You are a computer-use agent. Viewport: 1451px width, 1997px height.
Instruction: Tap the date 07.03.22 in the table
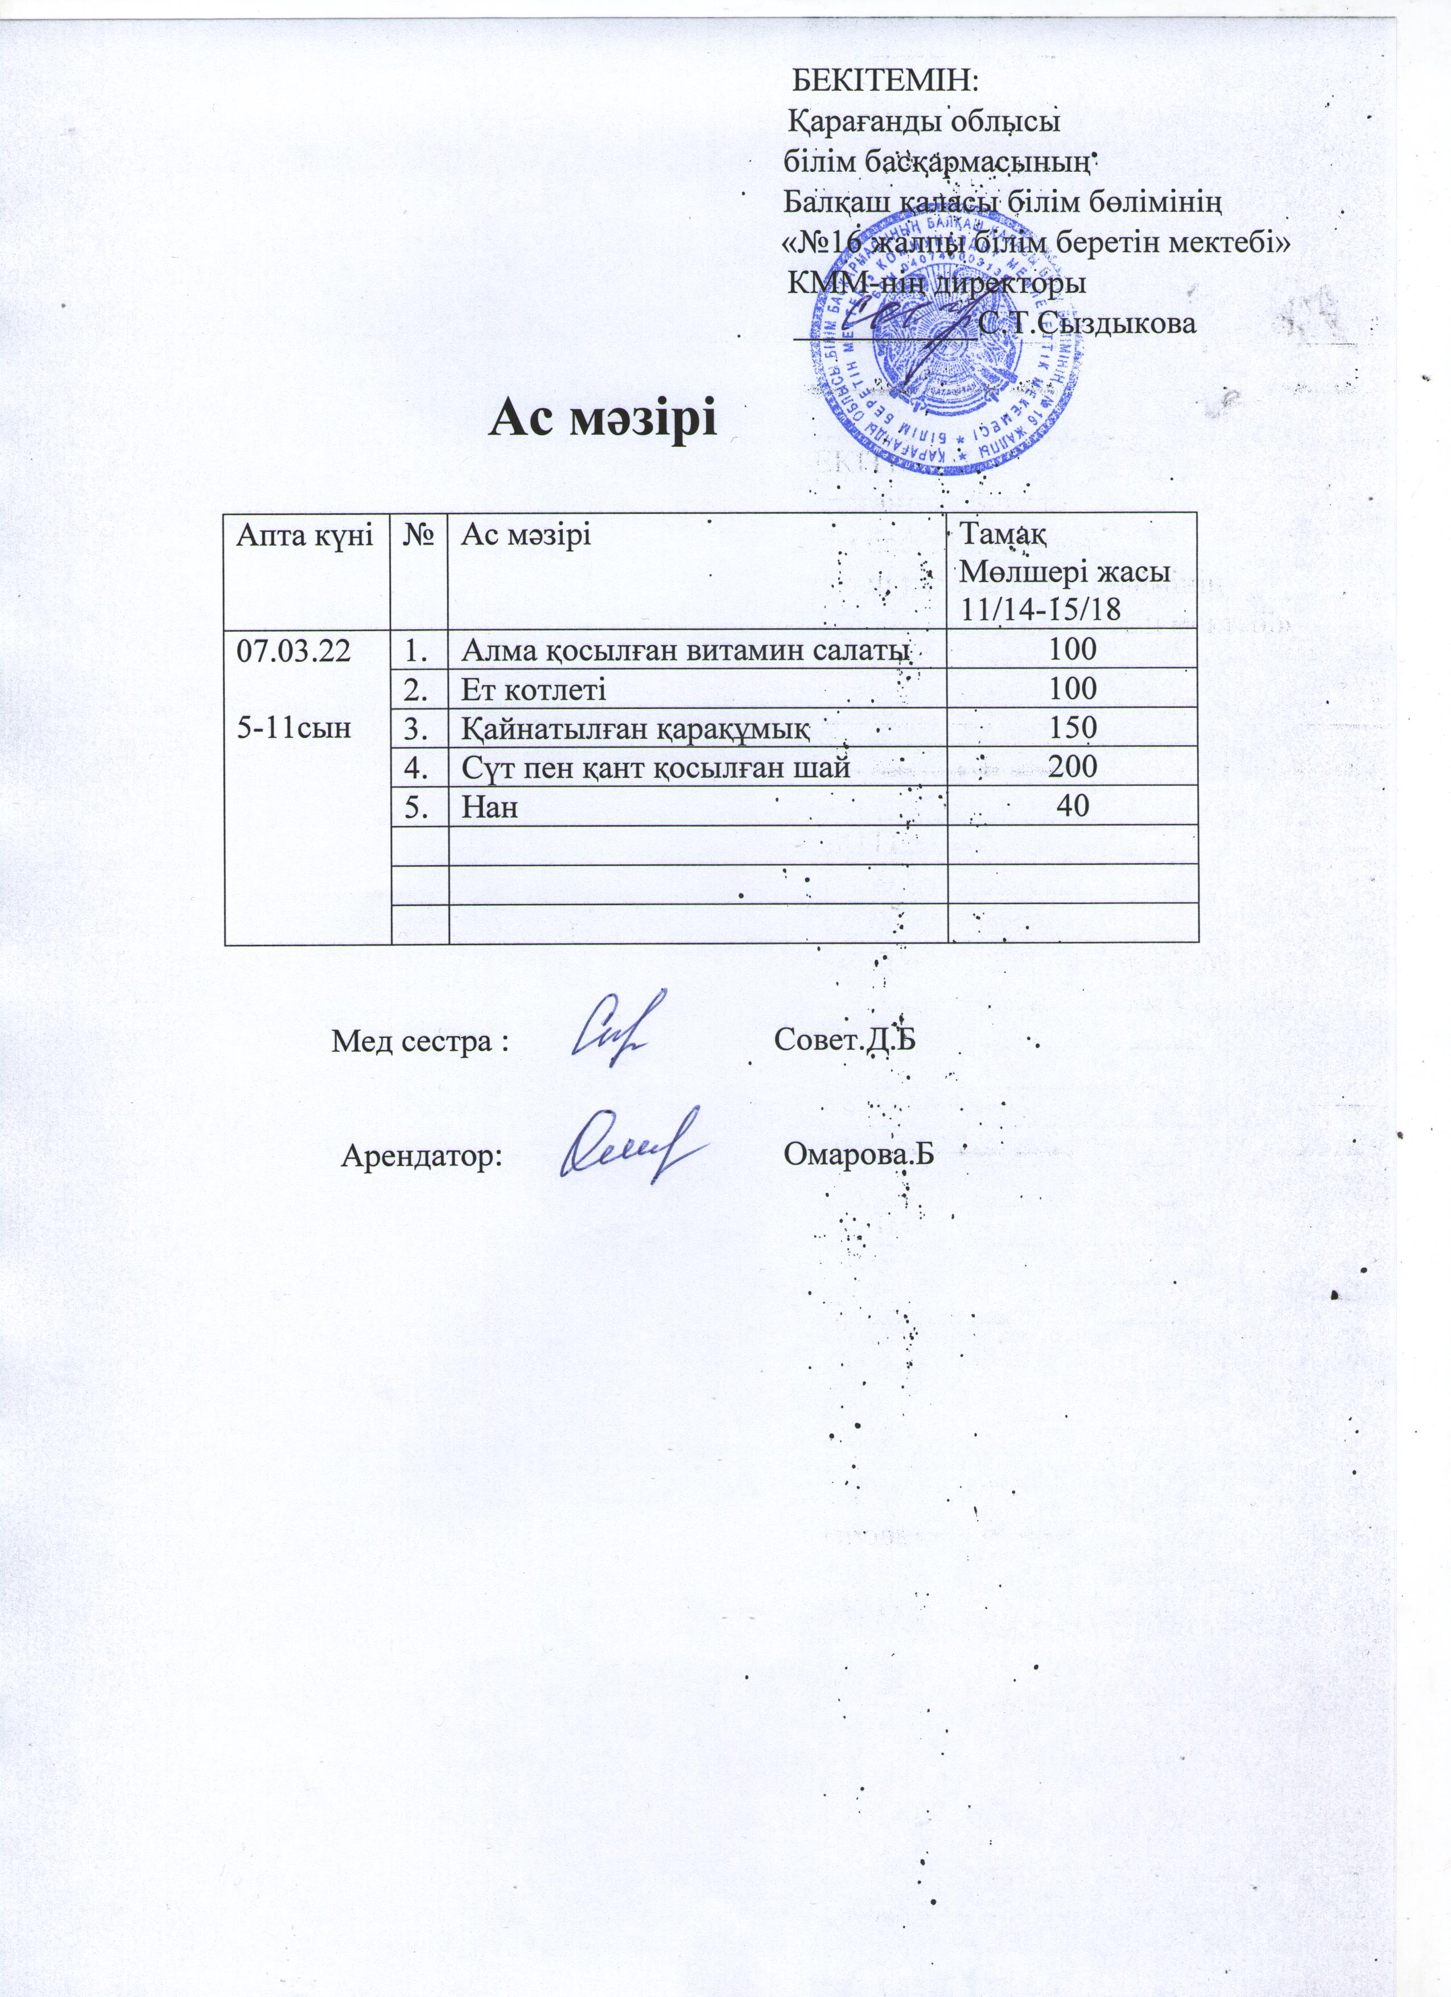coord(291,651)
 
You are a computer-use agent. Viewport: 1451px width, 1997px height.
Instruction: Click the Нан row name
coord(489,806)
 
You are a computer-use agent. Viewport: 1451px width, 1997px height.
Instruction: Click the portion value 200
coord(1073,767)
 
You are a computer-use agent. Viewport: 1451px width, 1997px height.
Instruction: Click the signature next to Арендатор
coord(629,1145)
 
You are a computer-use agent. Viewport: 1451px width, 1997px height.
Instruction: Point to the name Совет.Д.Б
coord(844,1040)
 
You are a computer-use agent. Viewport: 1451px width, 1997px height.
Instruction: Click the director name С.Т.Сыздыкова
coord(1086,323)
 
